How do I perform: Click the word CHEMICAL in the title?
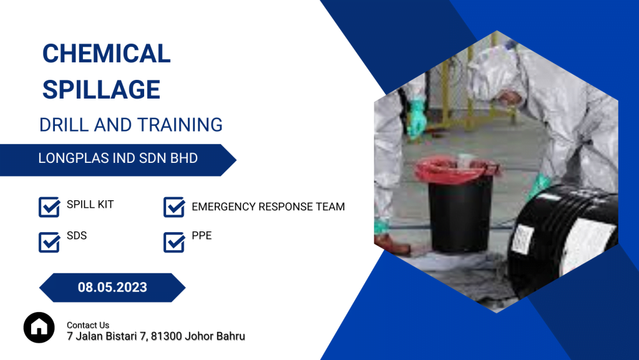pyautogui.click(x=106, y=54)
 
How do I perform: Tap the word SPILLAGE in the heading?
pyautogui.click(x=101, y=90)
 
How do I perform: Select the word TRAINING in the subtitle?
pyautogui.click(x=180, y=125)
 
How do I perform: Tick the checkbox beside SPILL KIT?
pyautogui.click(x=49, y=207)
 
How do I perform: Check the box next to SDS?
pyautogui.click(x=49, y=242)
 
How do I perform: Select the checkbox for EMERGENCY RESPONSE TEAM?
pyautogui.click(x=174, y=207)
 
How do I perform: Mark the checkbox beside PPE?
pyautogui.click(x=174, y=242)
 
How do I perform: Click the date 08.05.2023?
pyautogui.click(x=112, y=288)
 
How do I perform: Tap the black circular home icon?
pyautogui.click(x=39, y=328)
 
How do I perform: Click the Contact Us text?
pyautogui.click(x=88, y=325)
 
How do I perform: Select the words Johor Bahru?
pyautogui.click(x=215, y=336)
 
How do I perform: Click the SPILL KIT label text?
pyautogui.click(x=90, y=205)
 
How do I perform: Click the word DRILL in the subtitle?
pyautogui.click(x=64, y=125)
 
